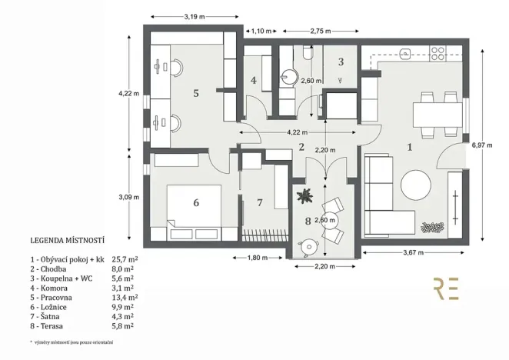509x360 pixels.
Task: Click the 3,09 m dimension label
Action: tap(128, 197)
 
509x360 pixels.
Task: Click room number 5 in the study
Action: tap(196, 93)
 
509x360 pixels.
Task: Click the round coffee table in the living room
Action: tap(417, 185)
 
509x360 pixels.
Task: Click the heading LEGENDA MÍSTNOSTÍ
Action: tap(68, 240)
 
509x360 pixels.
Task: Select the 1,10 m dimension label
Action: tap(262, 32)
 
